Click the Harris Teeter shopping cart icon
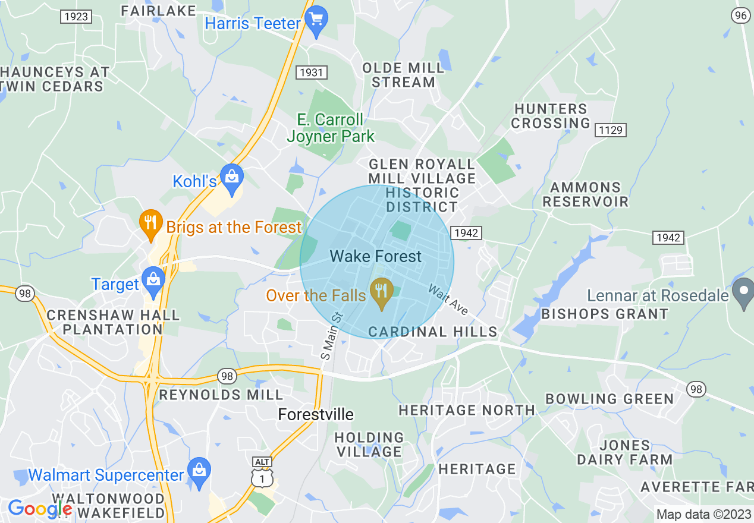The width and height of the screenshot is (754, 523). (x=316, y=21)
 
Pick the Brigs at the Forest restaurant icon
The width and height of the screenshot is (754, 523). (x=151, y=223)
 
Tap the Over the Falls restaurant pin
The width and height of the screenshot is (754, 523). (x=381, y=292)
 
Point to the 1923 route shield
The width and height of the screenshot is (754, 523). (x=76, y=17)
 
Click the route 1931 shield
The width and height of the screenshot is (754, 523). (x=312, y=73)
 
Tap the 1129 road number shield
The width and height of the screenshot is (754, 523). (x=612, y=130)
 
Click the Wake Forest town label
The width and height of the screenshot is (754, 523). (x=376, y=257)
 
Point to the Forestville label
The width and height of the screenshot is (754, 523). (x=316, y=414)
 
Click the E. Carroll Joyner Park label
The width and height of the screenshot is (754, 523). (x=331, y=128)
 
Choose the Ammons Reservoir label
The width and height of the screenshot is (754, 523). (x=585, y=195)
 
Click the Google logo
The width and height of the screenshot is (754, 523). (x=39, y=509)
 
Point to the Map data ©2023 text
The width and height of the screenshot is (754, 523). (x=703, y=514)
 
